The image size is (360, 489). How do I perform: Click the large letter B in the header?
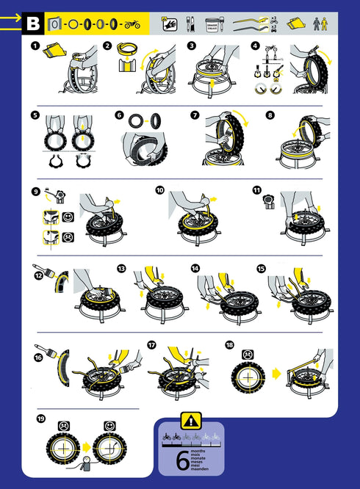click(x=33, y=23)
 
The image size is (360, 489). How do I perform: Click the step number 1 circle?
click(x=34, y=46)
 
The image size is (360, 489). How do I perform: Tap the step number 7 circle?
click(x=195, y=115)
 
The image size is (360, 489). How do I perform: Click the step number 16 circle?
click(x=38, y=358)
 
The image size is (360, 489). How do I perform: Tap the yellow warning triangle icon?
click(x=190, y=421)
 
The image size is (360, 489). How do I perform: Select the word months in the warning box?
click(x=198, y=450)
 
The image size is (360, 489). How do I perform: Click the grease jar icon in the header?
click(x=212, y=23)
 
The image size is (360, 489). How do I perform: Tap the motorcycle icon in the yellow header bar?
click(x=132, y=24)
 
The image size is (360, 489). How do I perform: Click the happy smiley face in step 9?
click(x=68, y=218)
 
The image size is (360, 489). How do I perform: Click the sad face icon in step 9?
click(x=68, y=237)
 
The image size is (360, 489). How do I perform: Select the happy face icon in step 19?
click(x=109, y=425)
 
